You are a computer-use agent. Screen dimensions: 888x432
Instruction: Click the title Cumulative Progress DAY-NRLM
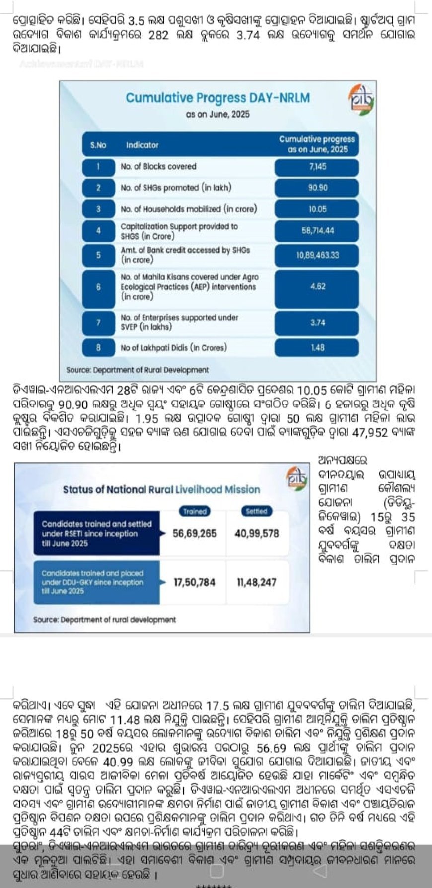[x=217, y=98]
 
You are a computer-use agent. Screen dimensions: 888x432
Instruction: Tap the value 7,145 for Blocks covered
[x=317, y=167]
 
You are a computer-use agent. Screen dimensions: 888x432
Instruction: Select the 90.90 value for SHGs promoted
[x=317, y=188]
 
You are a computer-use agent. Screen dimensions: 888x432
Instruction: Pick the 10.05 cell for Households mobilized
[x=317, y=209]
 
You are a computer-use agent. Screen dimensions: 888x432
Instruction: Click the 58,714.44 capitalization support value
[x=317, y=231]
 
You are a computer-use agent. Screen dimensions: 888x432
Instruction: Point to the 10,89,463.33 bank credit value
[x=317, y=255]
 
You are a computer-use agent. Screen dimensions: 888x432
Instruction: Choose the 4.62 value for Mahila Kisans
[x=317, y=286]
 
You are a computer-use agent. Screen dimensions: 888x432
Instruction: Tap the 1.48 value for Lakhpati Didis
[x=317, y=348]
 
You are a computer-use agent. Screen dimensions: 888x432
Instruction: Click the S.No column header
[x=98, y=145]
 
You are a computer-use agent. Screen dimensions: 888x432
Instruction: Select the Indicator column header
[x=142, y=145]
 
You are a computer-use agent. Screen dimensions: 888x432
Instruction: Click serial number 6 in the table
[x=98, y=287]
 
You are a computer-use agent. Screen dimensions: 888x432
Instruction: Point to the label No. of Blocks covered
[x=158, y=167]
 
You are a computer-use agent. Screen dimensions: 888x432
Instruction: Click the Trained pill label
[x=195, y=511]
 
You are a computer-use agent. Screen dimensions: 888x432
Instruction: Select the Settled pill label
[x=256, y=511]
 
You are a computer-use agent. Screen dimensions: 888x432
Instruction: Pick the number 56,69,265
[x=195, y=534]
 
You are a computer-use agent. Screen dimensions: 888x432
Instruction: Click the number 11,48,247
[x=257, y=582]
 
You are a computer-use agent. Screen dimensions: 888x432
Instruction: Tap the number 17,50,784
[x=195, y=582]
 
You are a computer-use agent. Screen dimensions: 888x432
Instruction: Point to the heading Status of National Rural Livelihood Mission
[x=161, y=490]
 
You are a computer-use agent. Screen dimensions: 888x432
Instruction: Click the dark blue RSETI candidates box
[x=97, y=534]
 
